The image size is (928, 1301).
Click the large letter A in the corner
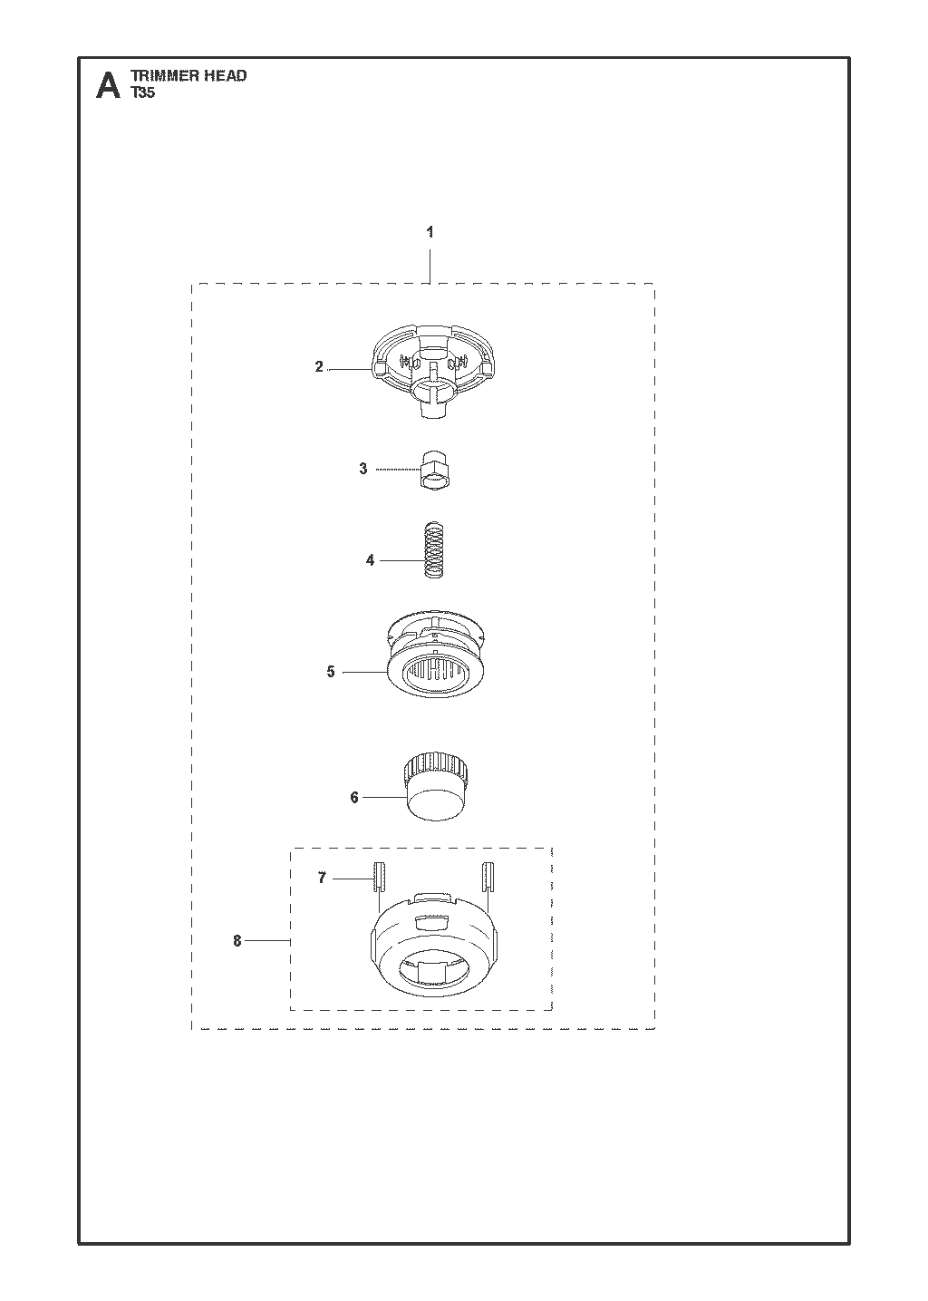point(108,85)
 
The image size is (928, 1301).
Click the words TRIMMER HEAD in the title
point(188,75)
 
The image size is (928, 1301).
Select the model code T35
point(143,92)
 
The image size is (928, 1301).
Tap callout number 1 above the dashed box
point(430,232)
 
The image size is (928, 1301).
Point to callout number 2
point(319,367)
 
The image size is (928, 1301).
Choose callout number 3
point(363,469)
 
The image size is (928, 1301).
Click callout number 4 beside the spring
point(370,560)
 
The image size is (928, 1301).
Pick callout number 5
point(331,672)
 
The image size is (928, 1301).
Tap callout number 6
point(354,798)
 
